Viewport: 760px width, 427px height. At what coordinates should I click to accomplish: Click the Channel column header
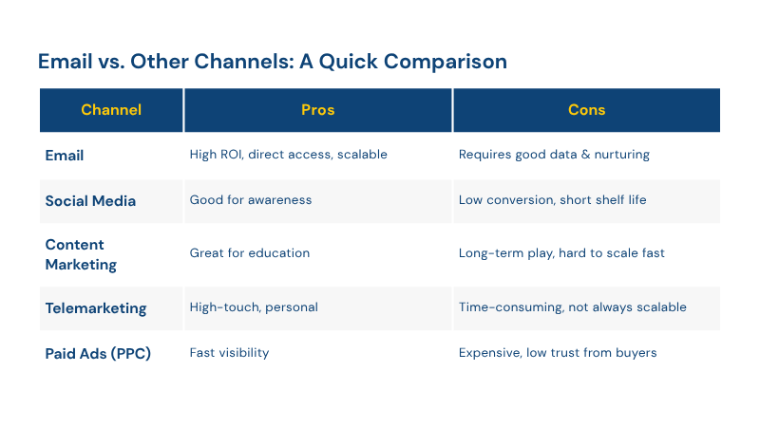[x=111, y=110]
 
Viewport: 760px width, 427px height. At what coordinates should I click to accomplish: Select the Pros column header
[x=318, y=110]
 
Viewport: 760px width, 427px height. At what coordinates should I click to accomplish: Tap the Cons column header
[x=586, y=110]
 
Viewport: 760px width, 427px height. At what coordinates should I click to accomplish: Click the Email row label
[x=65, y=156]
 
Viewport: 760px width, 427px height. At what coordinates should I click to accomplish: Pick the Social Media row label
[x=90, y=201]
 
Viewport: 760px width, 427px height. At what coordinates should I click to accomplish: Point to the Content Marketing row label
[x=81, y=254]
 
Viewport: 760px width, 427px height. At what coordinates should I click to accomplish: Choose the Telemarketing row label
[x=96, y=308]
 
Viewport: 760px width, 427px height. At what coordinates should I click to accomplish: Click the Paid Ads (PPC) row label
[x=98, y=353]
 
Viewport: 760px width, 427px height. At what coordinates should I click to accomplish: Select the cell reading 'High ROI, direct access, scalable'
[x=289, y=155]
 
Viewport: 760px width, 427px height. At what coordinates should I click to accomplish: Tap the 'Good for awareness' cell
[x=251, y=200]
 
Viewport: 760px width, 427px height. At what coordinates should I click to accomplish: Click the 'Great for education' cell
[x=250, y=252]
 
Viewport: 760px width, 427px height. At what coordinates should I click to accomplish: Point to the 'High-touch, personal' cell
[x=254, y=307]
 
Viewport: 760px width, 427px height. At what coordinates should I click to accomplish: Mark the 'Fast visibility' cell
[x=229, y=352]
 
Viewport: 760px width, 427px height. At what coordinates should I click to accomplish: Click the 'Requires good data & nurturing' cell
[x=554, y=155]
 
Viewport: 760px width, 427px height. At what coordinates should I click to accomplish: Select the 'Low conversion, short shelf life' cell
[x=553, y=200]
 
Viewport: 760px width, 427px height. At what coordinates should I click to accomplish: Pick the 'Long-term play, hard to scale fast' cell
[x=561, y=253]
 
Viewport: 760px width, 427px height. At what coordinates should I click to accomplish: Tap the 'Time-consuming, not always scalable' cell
[x=573, y=307]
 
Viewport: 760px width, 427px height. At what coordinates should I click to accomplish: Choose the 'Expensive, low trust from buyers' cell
[x=558, y=352]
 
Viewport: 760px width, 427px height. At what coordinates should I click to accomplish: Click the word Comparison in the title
[x=446, y=62]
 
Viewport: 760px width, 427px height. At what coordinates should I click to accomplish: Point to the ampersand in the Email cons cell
[x=585, y=155]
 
